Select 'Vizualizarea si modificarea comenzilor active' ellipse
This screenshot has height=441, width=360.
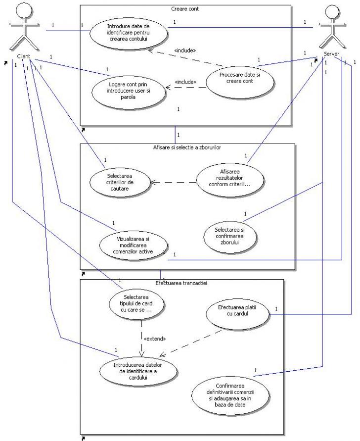133,245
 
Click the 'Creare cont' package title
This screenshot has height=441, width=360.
185,8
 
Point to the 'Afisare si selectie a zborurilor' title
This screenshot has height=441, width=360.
188,147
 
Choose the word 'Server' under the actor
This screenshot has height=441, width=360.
331,53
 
